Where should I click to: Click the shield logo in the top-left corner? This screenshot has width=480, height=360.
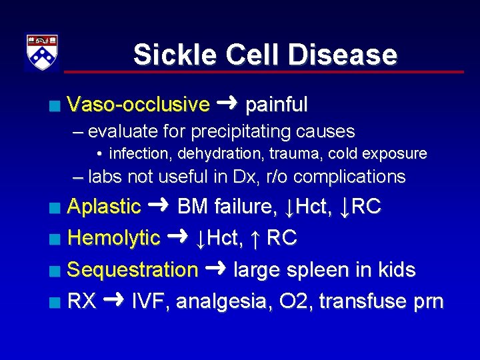41,53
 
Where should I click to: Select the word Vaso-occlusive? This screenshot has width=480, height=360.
139,105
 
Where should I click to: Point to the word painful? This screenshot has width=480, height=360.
277,105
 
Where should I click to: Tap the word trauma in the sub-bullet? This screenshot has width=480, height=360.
293,153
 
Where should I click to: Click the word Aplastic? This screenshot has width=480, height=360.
105,207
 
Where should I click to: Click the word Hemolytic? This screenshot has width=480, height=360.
114,238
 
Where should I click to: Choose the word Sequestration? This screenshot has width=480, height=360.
133,270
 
